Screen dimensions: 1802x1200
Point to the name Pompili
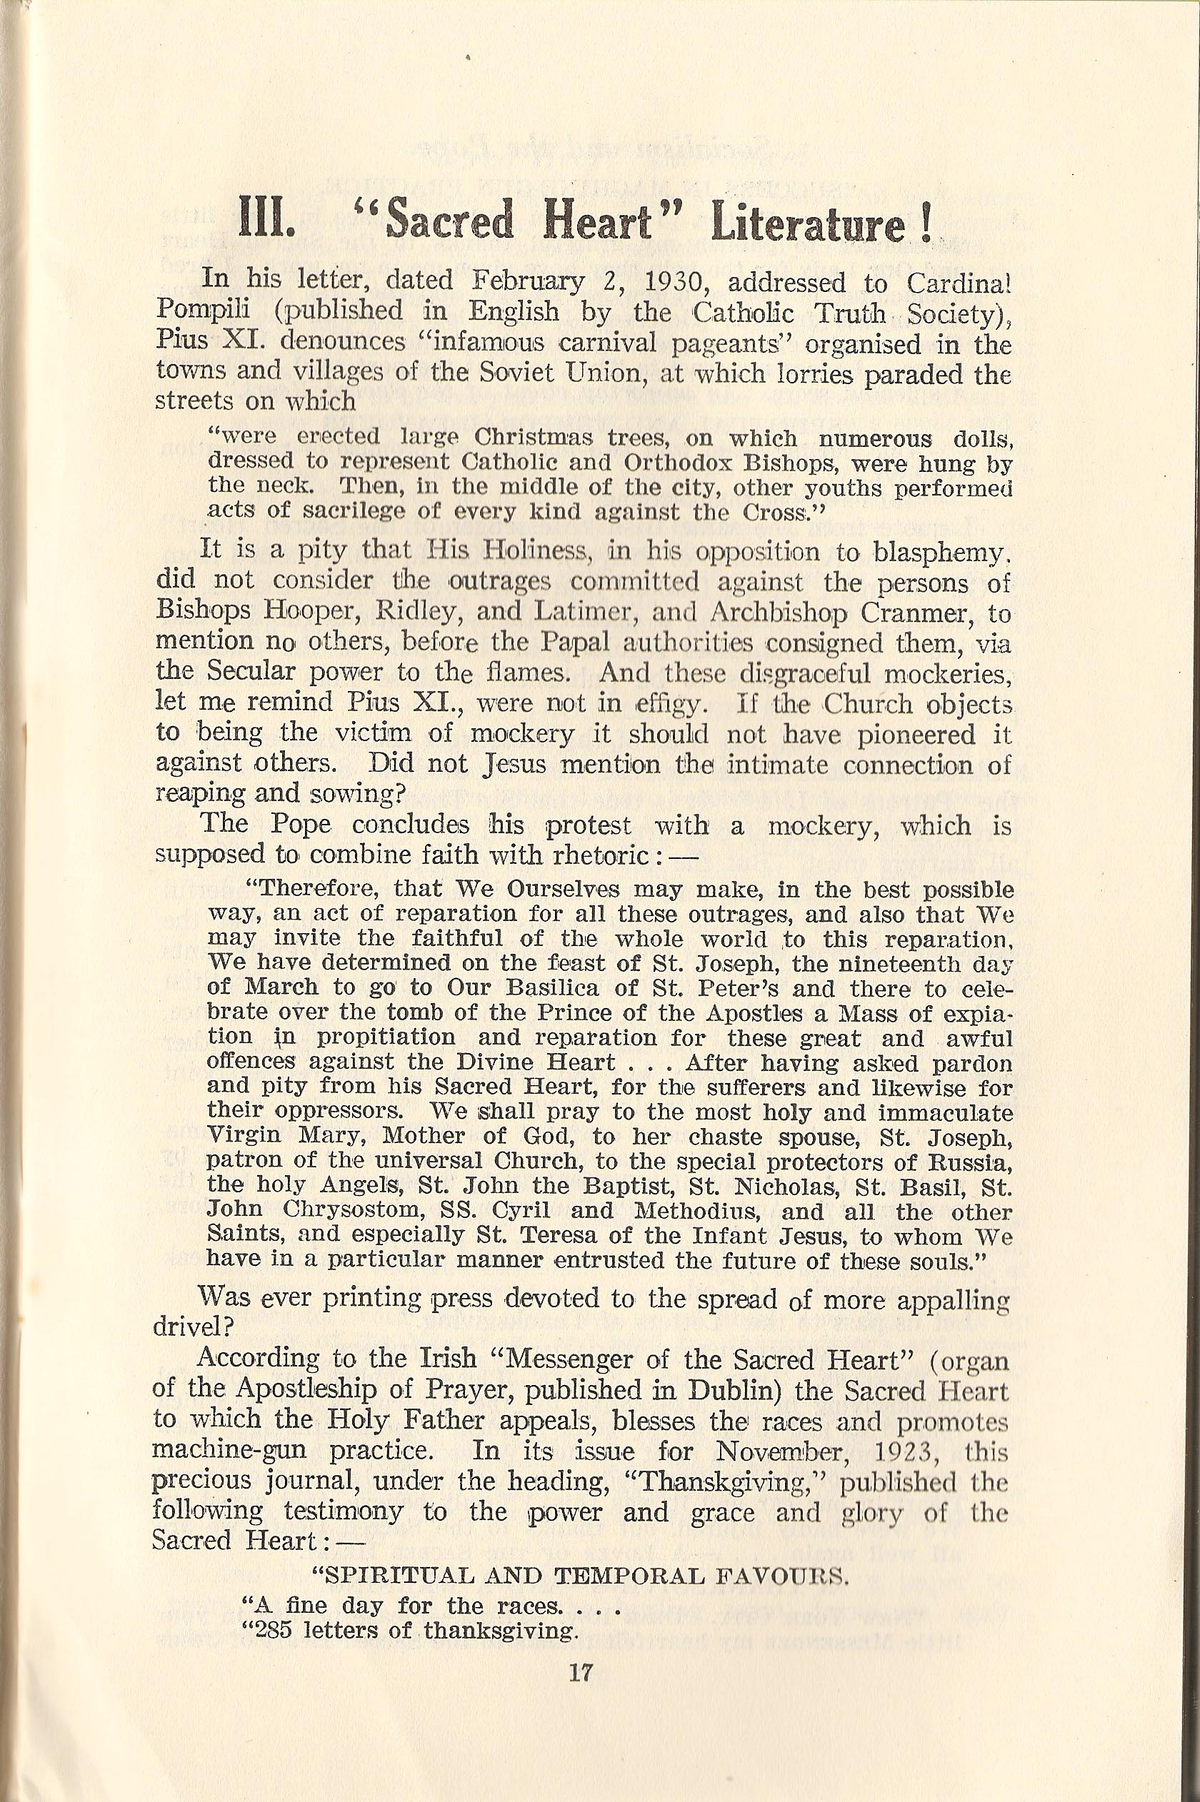[x=203, y=311]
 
